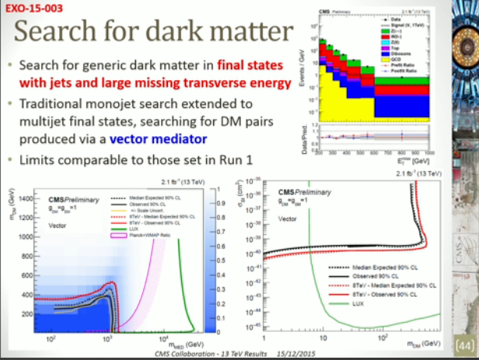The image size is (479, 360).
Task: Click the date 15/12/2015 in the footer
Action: pos(291,354)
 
